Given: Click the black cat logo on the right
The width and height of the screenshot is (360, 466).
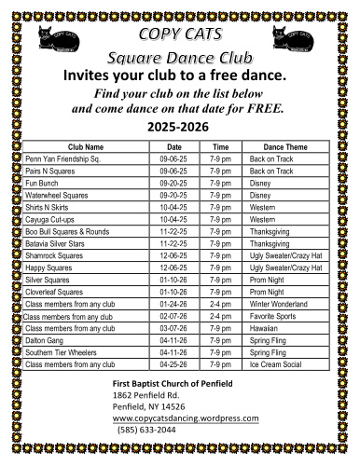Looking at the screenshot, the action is coord(296,38).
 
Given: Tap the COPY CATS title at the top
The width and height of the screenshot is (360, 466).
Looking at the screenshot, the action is coord(179,34).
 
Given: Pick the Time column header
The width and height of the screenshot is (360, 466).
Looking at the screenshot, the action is coord(221,148).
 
